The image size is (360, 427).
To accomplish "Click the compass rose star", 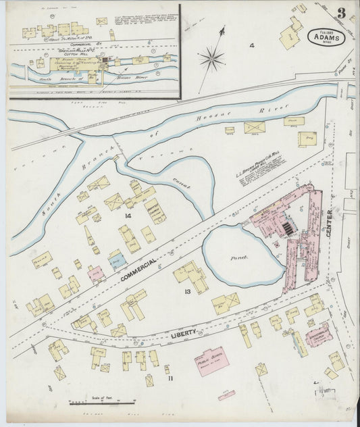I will (x=211, y=59).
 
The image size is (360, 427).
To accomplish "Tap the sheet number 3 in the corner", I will (x=342, y=13).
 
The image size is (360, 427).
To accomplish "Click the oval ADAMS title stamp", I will (x=328, y=37).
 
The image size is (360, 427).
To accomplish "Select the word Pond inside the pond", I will (x=240, y=257).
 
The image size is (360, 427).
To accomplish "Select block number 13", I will (x=187, y=291).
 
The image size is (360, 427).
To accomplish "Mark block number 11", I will (x=171, y=378).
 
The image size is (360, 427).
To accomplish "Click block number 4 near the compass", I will (x=251, y=46).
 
